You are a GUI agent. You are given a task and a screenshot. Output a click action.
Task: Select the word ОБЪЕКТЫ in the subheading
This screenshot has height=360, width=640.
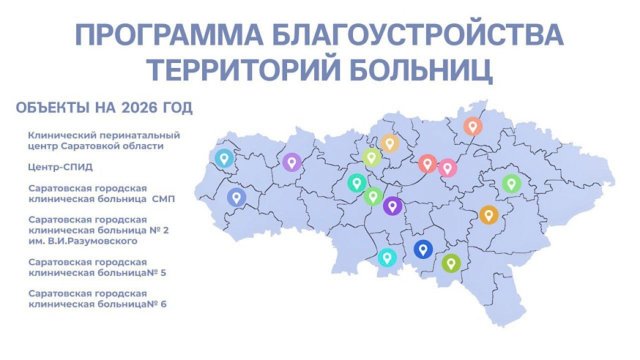click(x=51, y=109)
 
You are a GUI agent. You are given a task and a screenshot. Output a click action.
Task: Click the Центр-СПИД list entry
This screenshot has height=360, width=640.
click(x=61, y=166)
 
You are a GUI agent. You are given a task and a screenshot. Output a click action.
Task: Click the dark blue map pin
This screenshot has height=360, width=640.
click(x=423, y=250)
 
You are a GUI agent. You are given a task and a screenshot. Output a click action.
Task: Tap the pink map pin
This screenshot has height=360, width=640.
click(x=447, y=168)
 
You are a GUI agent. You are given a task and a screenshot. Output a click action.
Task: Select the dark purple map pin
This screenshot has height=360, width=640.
click(x=392, y=206)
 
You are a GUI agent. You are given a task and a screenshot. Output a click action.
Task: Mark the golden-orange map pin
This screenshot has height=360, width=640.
click(x=488, y=214)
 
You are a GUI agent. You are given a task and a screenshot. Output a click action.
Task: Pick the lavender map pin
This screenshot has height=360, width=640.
click(x=292, y=162)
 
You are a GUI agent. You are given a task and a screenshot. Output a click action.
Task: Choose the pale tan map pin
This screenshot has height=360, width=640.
click(x=389, y=143)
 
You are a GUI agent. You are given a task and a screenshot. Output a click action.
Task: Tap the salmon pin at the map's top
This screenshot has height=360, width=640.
click(x=473, y=126)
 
